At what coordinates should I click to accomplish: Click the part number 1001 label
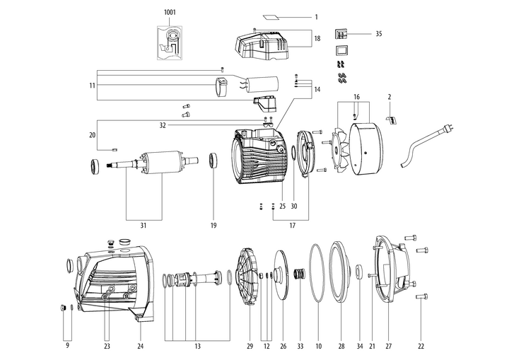172,13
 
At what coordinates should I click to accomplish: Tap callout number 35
378,33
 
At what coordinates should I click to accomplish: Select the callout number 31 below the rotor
143,226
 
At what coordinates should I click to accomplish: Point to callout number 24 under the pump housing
140,346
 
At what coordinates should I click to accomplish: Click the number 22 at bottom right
421,346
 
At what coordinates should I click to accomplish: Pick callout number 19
213,226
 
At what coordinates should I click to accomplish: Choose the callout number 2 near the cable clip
389,96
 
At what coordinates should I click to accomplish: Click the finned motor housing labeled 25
257,158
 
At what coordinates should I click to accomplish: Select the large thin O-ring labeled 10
318,275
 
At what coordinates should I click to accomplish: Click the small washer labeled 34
359,271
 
